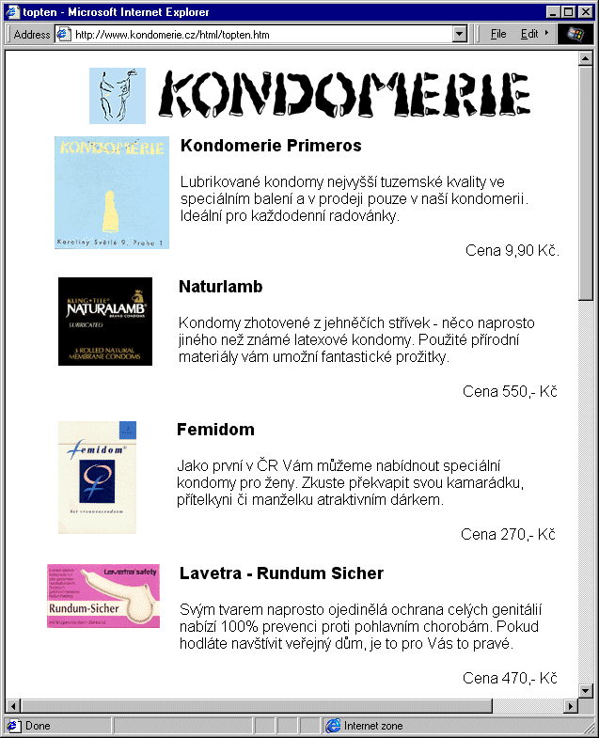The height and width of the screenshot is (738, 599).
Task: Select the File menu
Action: [x=498, y=34]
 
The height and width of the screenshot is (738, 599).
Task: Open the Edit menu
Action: [x=529, y=34]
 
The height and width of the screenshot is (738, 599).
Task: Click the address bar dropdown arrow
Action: [x=460, y=34]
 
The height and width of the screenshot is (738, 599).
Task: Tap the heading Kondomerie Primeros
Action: [x=271, y=146]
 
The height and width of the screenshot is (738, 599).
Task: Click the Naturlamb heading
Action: [x=220, y=287]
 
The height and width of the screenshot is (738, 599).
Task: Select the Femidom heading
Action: [x=215, y=430]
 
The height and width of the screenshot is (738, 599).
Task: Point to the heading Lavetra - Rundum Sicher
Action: [x=281, y=573]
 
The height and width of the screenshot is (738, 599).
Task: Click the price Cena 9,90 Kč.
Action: [x=512, y=250]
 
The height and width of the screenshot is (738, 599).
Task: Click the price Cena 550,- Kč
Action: [x=510, y=391]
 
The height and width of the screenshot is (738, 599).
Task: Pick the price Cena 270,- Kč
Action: [x=508, y=534]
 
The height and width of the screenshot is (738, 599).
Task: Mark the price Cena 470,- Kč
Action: [x=510, y=678]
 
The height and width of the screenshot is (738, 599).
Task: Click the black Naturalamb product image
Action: [x=104, y=322]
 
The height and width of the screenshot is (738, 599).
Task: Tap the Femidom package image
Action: [x=97, y=477]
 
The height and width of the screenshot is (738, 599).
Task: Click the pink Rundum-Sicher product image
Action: [x=103, y=596]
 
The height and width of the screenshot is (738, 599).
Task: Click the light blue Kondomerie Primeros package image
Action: [x=111, y=193]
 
